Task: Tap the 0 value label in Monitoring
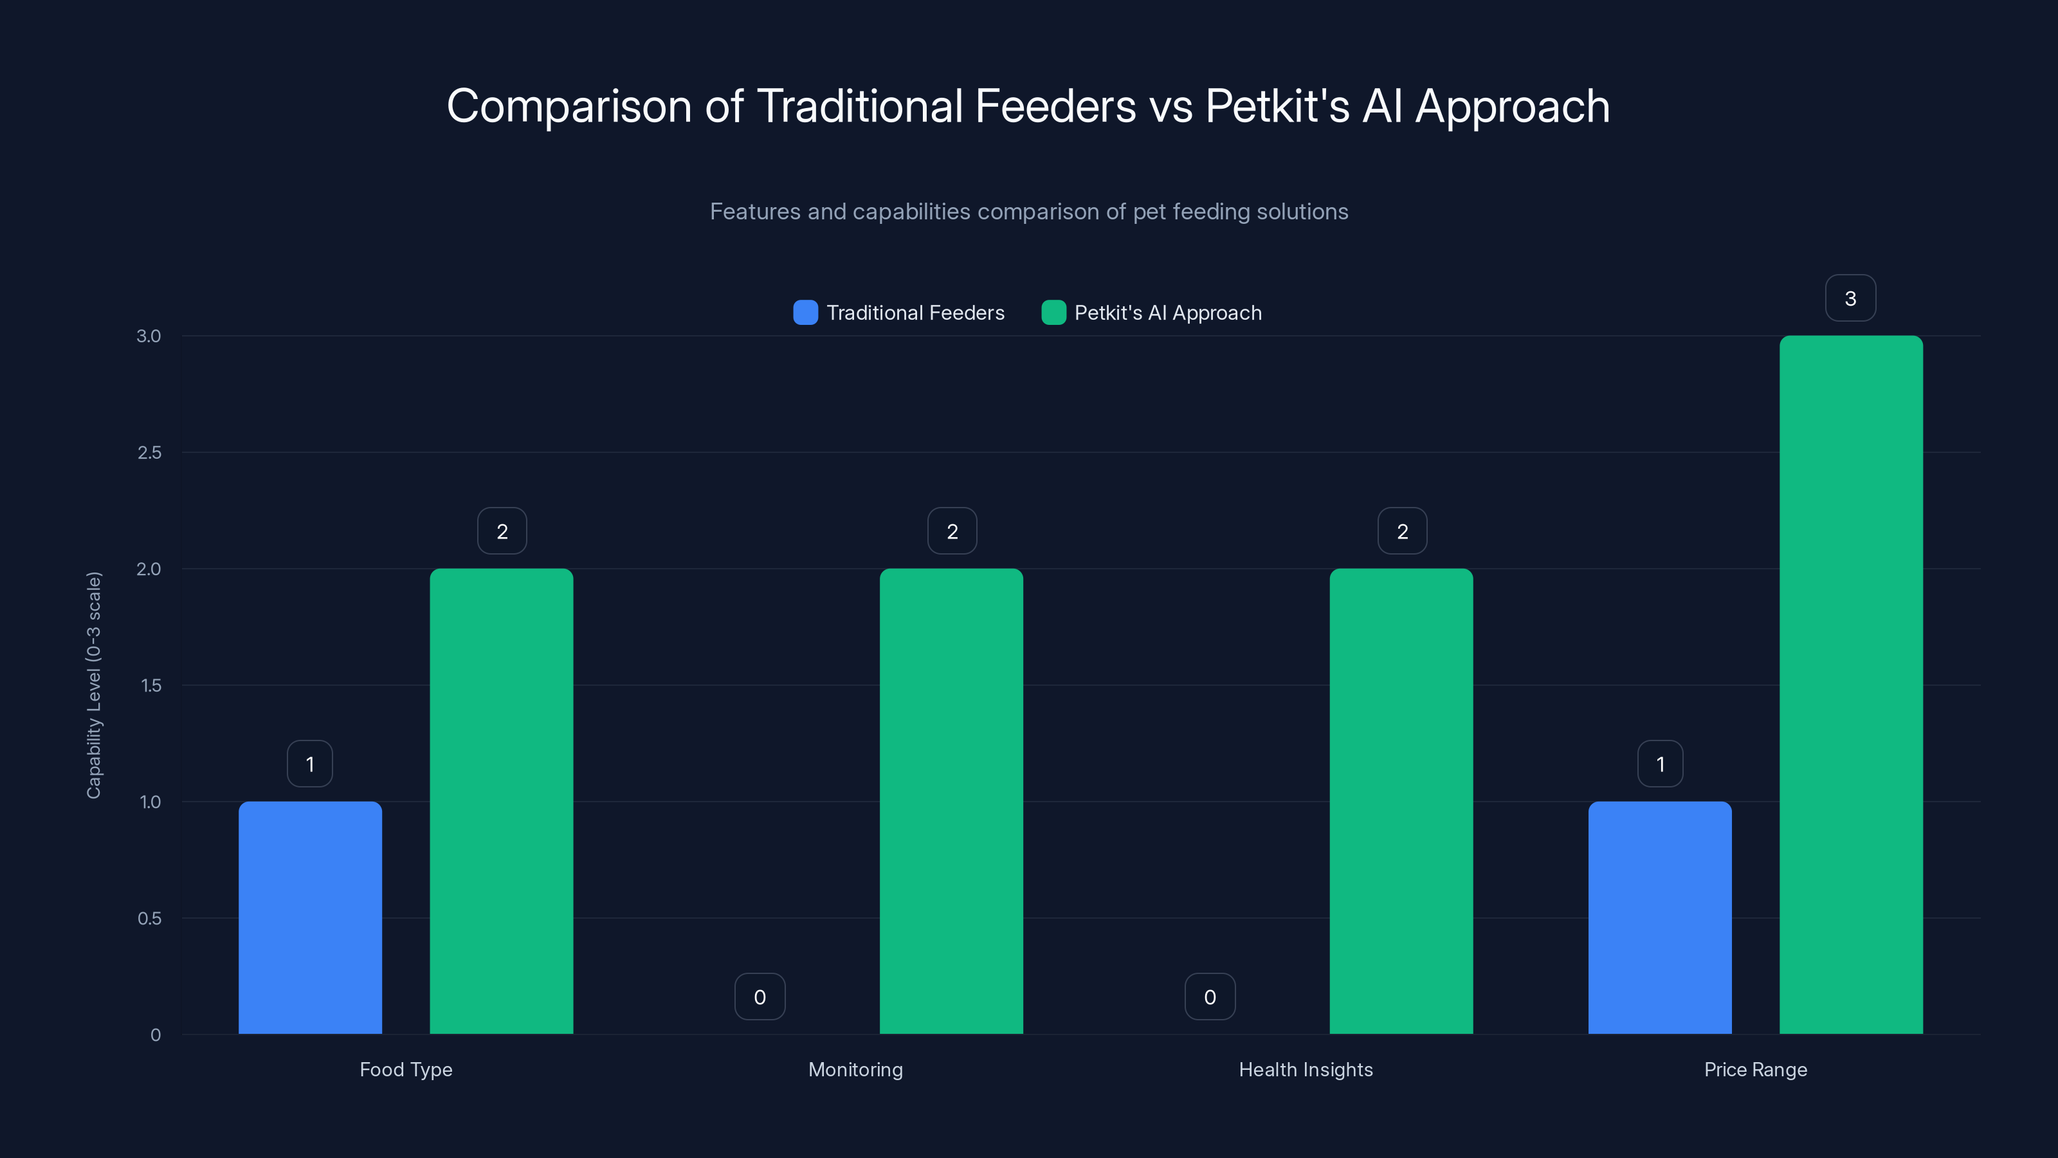pyautogui.click(x=760, y=997)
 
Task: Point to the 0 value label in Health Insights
pyautogui.click(x=1210, y=997)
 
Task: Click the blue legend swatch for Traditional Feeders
pyautogui.click(x=805, y=313)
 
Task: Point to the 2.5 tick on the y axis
pyautogui.click(x=149, y=453)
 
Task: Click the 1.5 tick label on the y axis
pyautogui.click(x=150, y=686)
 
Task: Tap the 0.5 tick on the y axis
pyautogui.click(x=149, y=918)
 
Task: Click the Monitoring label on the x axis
pyautogui.click(x=855, y=1069)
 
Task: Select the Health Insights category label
pyautogui.click(x=1306, y=1069)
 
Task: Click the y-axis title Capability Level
pyautogui.click(x=95, y=685)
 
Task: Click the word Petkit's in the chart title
pyautogui.click(x=1277, y=106)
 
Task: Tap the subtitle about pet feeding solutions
pyautogui.click(x=1028, y=212)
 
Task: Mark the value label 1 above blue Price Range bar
pyautogui.click(x=1660, y=764)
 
